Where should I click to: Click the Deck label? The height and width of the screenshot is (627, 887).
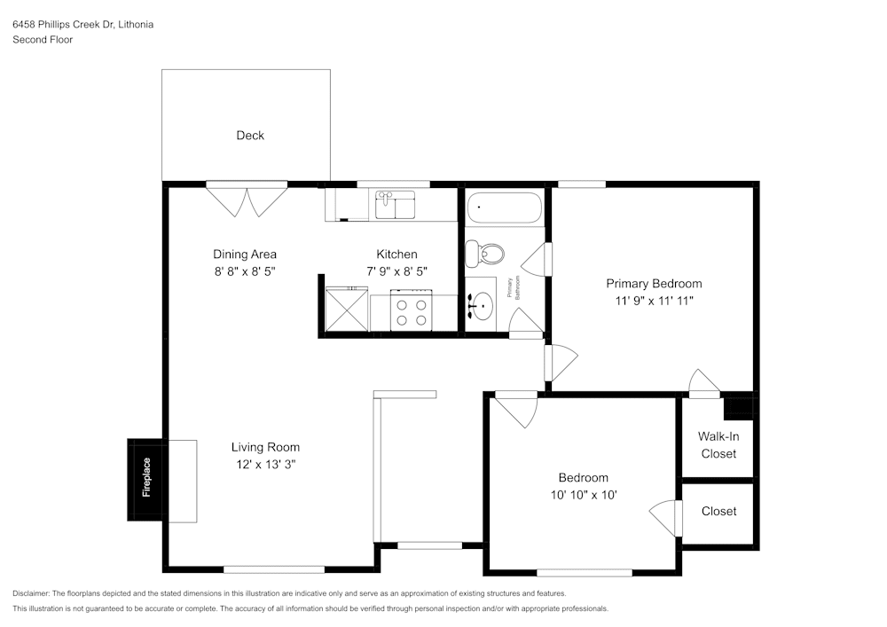(250, 136)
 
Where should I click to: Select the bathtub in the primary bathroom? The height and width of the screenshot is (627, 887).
(503, 208)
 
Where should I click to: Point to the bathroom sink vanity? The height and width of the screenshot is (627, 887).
(482, 304)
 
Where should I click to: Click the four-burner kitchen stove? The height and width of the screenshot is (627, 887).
(411, 311)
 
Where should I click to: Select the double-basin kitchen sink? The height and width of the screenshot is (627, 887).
(395, 204)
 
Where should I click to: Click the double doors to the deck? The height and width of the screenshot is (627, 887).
(247, 200)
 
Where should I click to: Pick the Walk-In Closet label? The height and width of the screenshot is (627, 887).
(718, 445)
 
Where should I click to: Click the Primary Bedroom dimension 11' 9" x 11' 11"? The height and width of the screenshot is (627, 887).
(654, 302)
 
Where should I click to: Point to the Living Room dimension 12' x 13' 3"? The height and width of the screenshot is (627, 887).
(265, 465)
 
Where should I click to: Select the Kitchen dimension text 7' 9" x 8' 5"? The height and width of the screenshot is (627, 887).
(396, 272)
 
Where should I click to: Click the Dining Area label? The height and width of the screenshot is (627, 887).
(245, 255)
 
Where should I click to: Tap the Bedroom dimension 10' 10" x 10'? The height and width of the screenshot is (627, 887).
(583, 496)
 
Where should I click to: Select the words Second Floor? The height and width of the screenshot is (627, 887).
(43, 40)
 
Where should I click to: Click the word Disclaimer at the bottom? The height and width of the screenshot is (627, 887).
(31, 593)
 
